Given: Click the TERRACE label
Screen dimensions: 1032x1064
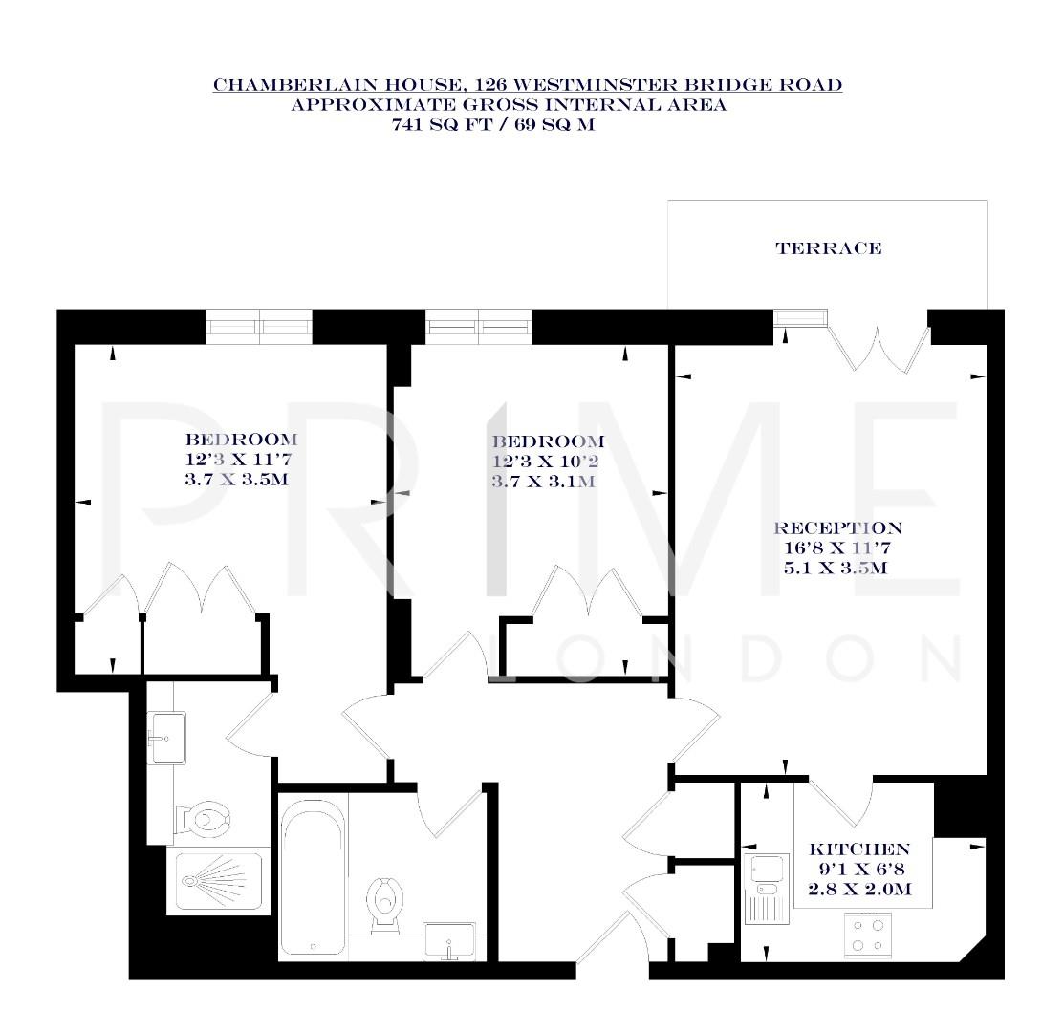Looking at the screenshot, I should [828, 248].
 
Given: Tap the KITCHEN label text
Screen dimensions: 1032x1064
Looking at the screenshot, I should [858, 849].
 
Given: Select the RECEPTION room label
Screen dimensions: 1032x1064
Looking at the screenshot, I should [837, 528].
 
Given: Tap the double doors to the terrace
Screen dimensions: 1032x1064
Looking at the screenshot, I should [879, 347].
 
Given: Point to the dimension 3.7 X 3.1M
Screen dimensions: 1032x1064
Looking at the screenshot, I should [543, 483].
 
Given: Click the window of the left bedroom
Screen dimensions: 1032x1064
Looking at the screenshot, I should [260, 327].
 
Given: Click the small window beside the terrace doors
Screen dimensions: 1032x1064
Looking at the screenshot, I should [799, 319].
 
